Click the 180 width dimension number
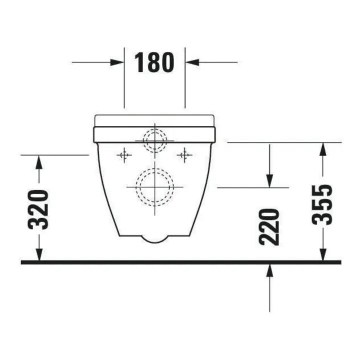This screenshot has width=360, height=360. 154,63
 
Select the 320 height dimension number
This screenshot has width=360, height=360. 39,209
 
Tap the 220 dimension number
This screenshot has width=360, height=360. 269,226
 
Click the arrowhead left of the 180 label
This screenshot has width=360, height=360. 117,62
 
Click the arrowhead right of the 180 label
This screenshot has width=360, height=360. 192,62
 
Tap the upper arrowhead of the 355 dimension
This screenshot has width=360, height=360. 323,149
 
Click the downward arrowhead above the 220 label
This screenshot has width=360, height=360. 269,180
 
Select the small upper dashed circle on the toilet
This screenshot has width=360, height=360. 155,140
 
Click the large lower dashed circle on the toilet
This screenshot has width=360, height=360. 155,186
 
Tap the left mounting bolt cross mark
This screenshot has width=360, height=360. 124,155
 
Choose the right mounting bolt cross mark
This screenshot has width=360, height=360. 184,155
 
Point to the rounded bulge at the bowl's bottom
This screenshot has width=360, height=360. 154,238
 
